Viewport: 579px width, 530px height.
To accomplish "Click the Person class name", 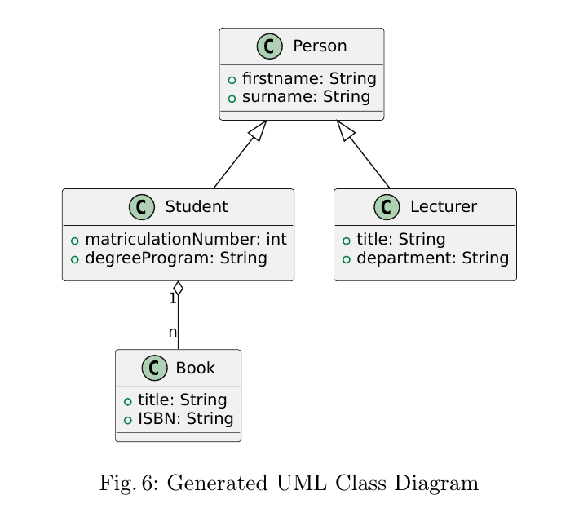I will coord(320,46).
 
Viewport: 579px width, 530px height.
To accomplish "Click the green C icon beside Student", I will coord(142,207).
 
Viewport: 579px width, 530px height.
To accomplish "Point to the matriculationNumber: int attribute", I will coord(185,240).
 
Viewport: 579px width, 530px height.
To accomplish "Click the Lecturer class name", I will coord(443,207).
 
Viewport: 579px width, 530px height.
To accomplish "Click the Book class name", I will coord(195,368).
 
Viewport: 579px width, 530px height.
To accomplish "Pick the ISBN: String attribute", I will coord(185,419).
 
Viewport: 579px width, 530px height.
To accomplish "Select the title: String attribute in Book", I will coord(182,400).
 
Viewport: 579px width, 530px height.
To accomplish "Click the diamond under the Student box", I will coord(178,290).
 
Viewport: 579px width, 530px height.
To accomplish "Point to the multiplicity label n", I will coord(172,332).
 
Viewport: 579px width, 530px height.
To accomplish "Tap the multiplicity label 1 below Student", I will coord(172,298).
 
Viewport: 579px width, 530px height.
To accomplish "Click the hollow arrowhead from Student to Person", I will coord(258,130).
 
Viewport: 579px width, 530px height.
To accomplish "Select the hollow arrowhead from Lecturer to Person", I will coord(345,130).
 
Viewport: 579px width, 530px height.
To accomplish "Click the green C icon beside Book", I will coord(153,368).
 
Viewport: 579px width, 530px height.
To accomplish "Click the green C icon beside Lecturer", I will coord(387,207).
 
